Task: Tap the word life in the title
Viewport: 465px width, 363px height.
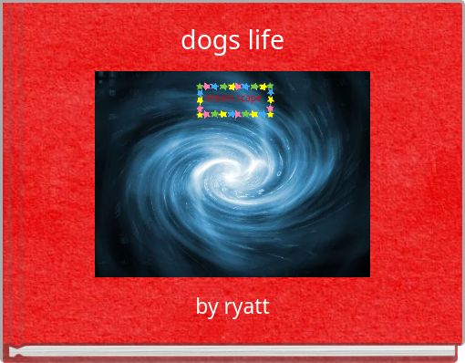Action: click(264, 40)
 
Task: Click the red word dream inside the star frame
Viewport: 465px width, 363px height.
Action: click(220, 98)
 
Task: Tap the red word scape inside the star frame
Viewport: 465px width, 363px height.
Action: click(250, 98)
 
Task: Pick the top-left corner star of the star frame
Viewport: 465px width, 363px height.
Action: click(201, 87)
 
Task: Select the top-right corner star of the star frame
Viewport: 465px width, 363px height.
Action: click(270, 87)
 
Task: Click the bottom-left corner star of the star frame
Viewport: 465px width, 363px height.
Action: click(201, 114)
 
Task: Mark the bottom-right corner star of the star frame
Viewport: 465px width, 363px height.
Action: click(270, 114)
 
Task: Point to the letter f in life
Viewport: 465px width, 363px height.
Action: click(264, 39)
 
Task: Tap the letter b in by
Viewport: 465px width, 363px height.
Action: click(201, 306)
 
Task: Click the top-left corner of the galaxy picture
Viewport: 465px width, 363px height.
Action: click(97, 73)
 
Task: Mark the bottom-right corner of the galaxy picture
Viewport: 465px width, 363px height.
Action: click(368, 275)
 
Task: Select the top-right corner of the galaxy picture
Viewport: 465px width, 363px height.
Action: click(368, 73)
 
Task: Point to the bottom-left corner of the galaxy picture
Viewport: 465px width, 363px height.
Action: click(97, 275)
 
